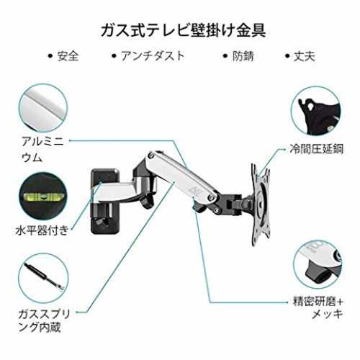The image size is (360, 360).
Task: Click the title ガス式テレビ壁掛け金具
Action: pos(183,30)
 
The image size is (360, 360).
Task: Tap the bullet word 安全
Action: pos(68,56)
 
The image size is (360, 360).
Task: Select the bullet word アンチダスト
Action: pos(153,56)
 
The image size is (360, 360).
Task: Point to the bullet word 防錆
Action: pos(243,56)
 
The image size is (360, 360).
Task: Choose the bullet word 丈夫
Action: pos(305,56)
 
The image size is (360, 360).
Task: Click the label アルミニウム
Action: pos(42,149)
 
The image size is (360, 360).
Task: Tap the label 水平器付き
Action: pos(42,230)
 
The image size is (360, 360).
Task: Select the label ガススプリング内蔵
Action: pos(44,320)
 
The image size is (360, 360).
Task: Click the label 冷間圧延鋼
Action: pos(317,149)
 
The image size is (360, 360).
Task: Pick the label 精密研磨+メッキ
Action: pos(318,307)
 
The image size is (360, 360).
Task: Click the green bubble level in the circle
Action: pos(43,197)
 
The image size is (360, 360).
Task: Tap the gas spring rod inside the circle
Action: pos(45,276)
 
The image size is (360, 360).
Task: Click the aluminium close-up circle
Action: pos(43,108)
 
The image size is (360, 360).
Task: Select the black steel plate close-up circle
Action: pos(316,112)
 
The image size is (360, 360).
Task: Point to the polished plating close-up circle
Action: pos(318,264)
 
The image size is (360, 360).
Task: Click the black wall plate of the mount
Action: pos(105,201)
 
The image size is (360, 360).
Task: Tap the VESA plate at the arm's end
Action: pos(261,204)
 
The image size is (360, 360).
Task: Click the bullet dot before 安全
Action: pos(50,56)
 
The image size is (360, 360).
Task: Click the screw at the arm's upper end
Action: pos(151,155)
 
